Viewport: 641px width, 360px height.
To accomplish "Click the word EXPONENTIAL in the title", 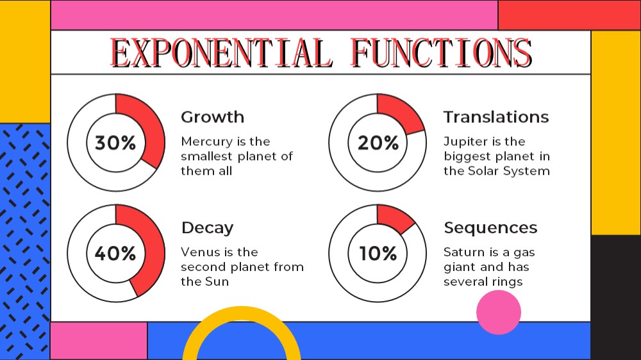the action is [221, 53].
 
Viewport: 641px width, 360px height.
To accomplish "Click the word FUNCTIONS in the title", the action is [442, 53].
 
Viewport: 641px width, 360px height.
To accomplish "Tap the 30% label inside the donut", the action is [115, 143].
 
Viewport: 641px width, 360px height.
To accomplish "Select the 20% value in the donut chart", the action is [378, 143].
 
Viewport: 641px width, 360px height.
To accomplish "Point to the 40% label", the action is [115, 254].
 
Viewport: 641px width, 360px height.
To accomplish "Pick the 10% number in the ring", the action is [378, 254].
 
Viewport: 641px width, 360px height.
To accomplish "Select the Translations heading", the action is [496, 117].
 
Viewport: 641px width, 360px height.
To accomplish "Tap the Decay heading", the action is [207, 228].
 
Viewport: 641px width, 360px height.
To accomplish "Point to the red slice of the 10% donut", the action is [394, 218].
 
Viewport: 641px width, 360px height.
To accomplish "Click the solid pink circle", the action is [499, 312].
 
